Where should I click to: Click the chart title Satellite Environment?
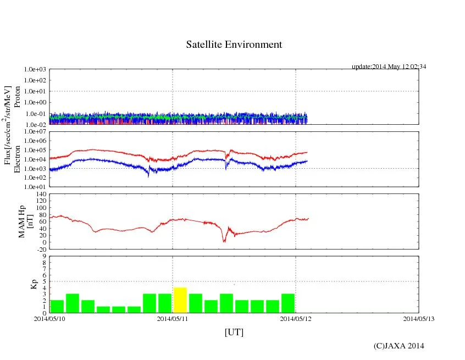[x=234, y=45]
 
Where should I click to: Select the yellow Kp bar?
[x=180, y=300]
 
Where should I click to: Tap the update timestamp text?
[x=389, y=67]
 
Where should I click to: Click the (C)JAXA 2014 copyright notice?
[x=398, y=346]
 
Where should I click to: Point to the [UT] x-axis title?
[x=234, y=332]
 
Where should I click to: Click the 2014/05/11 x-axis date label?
[x=173, y=318]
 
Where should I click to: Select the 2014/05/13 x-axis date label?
[x=419, y=318]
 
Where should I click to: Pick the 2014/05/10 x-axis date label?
[x=49, y=318]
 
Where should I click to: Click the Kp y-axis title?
[x=32, y=284]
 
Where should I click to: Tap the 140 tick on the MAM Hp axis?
[x=41, y=194]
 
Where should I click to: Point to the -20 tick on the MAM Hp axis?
[x=41, y=249]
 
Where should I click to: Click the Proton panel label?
[x=17, y=97]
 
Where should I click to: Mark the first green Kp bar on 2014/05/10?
[x=57, y=306]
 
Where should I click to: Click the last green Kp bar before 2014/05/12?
[x=288, y=303]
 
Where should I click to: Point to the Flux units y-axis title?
[x=8, y=125]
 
